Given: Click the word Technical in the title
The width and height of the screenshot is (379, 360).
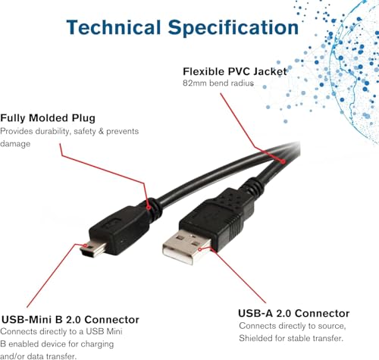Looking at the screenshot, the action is click(x=114, y=27).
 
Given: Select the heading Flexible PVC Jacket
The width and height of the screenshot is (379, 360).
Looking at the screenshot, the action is click(x=235, y=71).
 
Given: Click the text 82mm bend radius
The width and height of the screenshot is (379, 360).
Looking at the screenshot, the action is click(x=218, y=83).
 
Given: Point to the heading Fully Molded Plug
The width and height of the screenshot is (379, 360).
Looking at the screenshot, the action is click(x=48, y=118).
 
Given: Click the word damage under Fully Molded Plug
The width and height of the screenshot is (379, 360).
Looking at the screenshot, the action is click(x=15, y=144).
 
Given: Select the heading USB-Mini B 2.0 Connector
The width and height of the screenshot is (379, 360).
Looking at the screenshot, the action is click(x=70, y=320).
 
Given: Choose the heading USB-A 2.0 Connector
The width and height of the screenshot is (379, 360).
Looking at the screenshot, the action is click(x=294, y=313).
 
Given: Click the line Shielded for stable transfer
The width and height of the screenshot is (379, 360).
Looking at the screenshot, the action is click(x=291, y=338).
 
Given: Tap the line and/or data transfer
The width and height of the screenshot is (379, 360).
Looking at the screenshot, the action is click(x=38, y=356).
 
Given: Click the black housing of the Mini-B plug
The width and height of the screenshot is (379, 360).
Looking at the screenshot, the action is click(x=119, y=229).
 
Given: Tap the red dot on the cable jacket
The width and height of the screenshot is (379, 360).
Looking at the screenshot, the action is click(x=283, y=161).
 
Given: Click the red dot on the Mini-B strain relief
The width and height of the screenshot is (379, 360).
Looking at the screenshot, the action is click(x=149, y=208).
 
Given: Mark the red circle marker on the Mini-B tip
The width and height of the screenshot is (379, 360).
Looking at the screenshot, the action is click(x=85, y=246).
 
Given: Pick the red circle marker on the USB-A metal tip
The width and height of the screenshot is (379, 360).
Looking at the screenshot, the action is click(x=200, y=249).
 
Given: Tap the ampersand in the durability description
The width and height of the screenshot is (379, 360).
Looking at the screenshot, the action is click(x=101, y=131).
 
